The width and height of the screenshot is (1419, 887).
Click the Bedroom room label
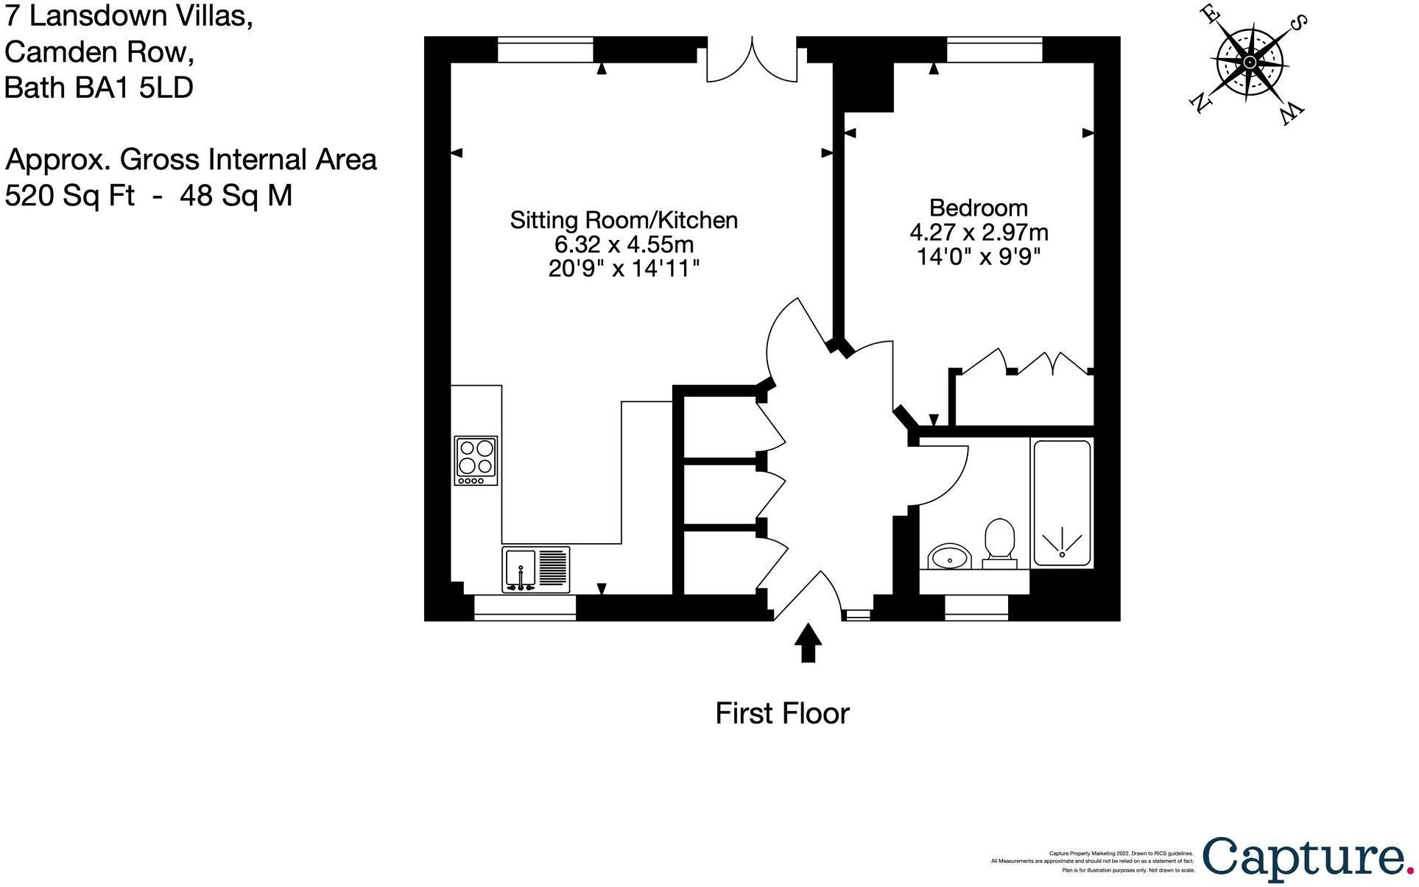tap(978, 208)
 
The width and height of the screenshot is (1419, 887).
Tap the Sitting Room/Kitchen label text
tap(624, 220)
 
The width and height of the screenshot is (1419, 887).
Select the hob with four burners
tap(476, 461)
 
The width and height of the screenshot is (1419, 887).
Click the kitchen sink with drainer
tap(535, 569)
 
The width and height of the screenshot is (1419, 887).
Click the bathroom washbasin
tap(949, 557)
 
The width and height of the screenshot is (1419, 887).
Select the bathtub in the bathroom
tap(1061, 503)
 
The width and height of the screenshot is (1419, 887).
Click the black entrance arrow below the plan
tap(808, 643)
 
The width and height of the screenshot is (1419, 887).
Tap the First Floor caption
tap(782, 713)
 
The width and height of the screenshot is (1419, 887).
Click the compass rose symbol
tap(1250, 63)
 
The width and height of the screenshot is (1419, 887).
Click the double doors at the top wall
tap(752, 60)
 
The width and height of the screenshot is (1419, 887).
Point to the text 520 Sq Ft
tap(70, 196)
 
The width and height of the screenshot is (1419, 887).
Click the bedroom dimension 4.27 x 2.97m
tap(979, 233)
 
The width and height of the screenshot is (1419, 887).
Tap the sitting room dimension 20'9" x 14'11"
tap(624, 269)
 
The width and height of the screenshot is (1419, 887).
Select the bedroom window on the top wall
tap(994, 50)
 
